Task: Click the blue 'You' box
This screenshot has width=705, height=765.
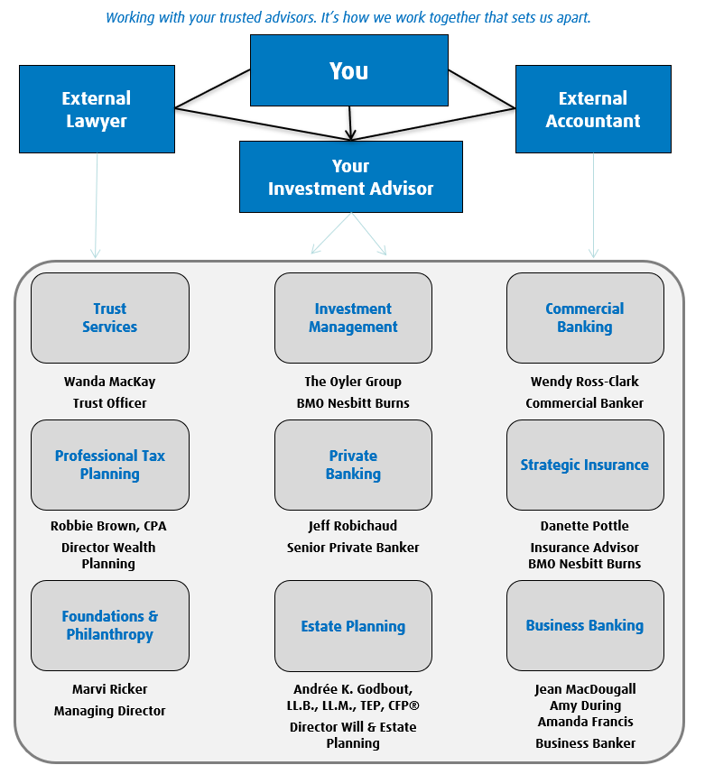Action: tap(348, 70)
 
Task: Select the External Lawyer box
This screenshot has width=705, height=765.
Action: tap(97, 109)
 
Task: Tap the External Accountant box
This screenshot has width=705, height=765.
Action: tap(593, 109)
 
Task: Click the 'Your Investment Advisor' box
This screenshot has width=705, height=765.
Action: tap(350, 177)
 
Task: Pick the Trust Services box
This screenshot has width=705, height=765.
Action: tap(110, 318)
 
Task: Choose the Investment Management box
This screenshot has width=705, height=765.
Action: tap(353, 318)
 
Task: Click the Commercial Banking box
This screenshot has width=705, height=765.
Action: tap(585, 318)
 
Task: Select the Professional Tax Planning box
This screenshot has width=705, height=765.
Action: tap(110, 465)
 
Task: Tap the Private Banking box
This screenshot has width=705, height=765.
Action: tap(353, 465)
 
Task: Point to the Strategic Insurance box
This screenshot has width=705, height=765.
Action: tap(585, 465)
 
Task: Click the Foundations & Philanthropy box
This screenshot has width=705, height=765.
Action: tap(110, 625)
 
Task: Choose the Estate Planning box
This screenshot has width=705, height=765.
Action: tap(353, 625)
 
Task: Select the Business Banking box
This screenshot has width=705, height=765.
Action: tap(585, 625)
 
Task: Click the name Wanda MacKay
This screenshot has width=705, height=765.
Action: tap(109, 382)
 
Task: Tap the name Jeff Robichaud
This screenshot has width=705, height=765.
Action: tap(352, 526)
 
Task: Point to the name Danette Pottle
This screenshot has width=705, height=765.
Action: tap(584, 526)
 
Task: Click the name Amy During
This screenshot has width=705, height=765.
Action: tap(585, 705)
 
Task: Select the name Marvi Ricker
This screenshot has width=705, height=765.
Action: tap(109, 689)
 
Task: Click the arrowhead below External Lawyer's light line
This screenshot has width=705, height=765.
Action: tap(96, 253)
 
